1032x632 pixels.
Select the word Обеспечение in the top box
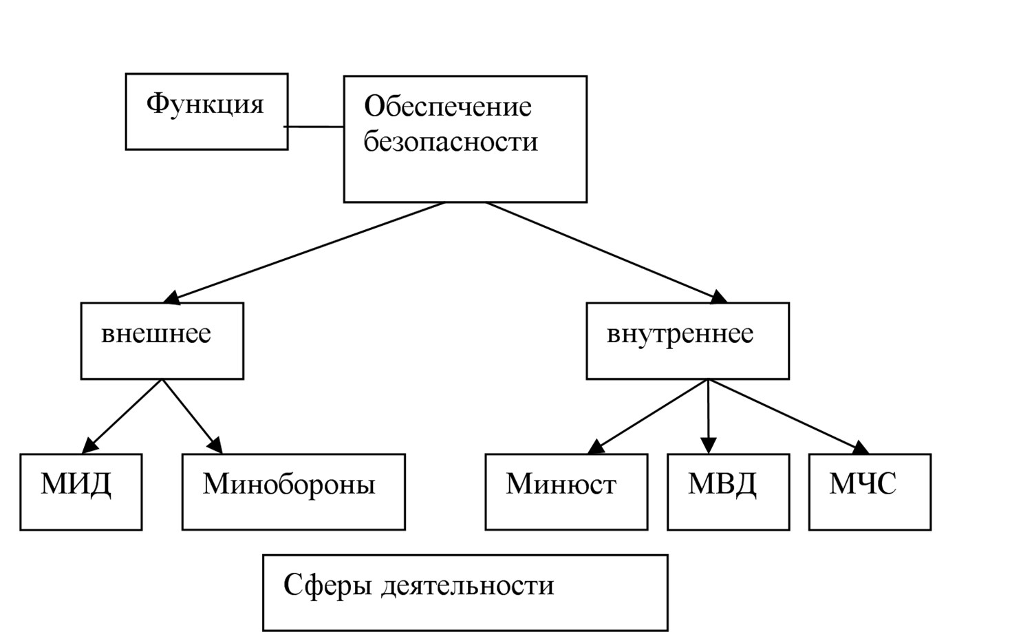click(x=448, y=106)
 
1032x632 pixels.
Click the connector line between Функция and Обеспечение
click(x=314, y=126)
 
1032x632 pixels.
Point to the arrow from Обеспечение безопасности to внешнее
click(x=303, y=253)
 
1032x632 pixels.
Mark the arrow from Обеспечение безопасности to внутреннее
click(x=606, y=253)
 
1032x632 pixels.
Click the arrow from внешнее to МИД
click(x=122, y=417)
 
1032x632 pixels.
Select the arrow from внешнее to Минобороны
click(x=193, y=417)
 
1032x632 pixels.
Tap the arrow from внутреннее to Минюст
click(x=648, y=417)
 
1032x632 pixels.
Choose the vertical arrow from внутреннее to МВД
click(x=708, y=417)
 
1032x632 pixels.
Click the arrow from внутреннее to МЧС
click(x=788, y=417)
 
